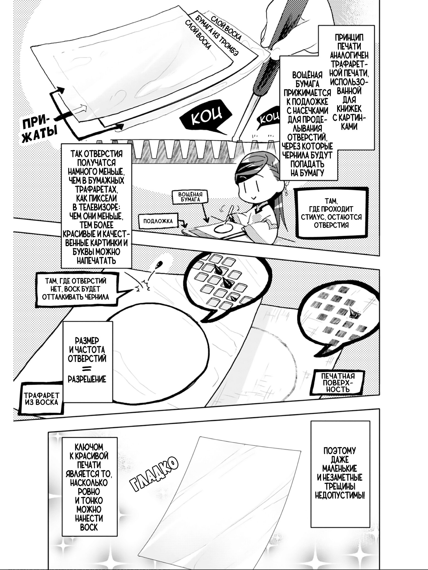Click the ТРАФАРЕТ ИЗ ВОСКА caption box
[41, 399]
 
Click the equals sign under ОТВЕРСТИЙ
[87, 369]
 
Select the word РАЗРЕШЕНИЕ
[87, 379]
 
